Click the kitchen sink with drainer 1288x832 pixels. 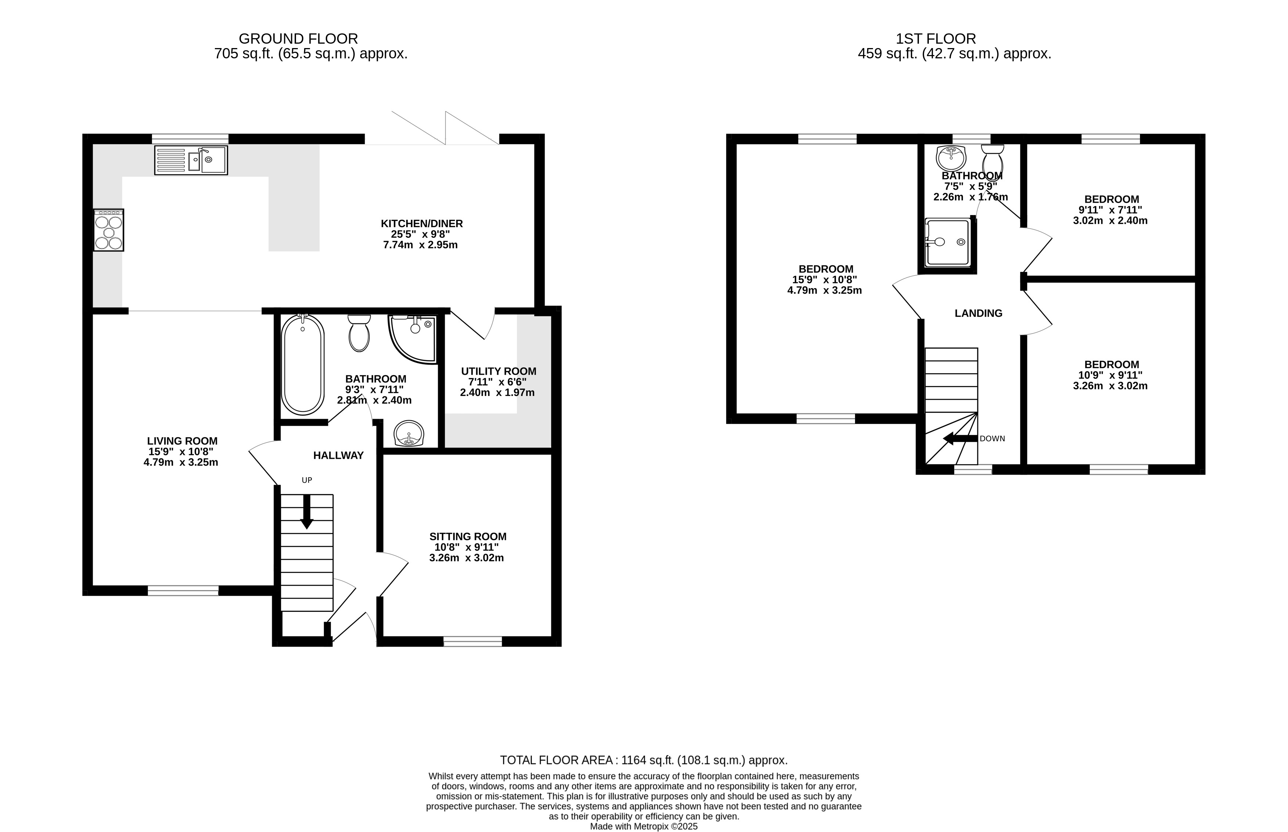191,160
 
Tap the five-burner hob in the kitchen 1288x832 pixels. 109,230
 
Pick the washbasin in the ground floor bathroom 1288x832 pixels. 409,434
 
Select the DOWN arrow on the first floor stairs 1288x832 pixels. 960,438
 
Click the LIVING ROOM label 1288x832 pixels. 182,441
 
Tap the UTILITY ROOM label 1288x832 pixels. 498,371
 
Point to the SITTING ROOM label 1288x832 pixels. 468,537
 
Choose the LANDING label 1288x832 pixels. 978,313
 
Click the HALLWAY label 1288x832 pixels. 338,455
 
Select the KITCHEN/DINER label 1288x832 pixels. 422,224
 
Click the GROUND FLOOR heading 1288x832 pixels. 298,39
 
